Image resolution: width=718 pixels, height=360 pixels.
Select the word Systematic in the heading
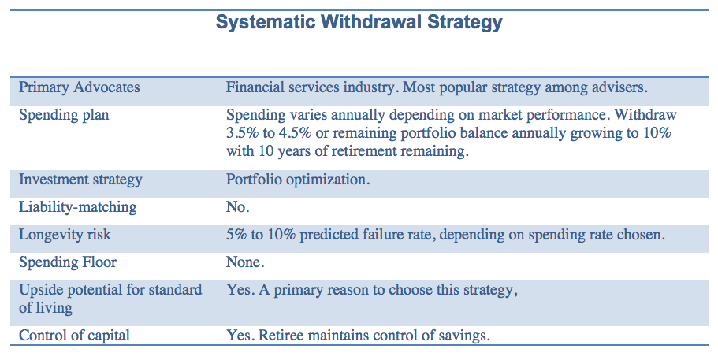click(266, 22)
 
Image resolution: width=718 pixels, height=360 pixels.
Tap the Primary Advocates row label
click(79, 87)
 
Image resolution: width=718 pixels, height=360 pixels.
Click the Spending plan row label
click(64, 114)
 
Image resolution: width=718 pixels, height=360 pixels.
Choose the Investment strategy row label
click(80, 180)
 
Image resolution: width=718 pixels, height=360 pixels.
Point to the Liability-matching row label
click(77, 207)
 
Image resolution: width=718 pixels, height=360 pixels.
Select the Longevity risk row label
click(65, 234)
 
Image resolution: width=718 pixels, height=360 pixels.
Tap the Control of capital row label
click(74, 336)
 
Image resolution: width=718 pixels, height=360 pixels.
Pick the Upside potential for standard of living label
click(110, 299)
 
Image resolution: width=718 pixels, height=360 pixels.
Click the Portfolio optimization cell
click(297, 180)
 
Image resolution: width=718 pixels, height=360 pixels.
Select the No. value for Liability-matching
click(237, 207)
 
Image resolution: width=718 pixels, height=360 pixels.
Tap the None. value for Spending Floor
click(245, 262)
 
